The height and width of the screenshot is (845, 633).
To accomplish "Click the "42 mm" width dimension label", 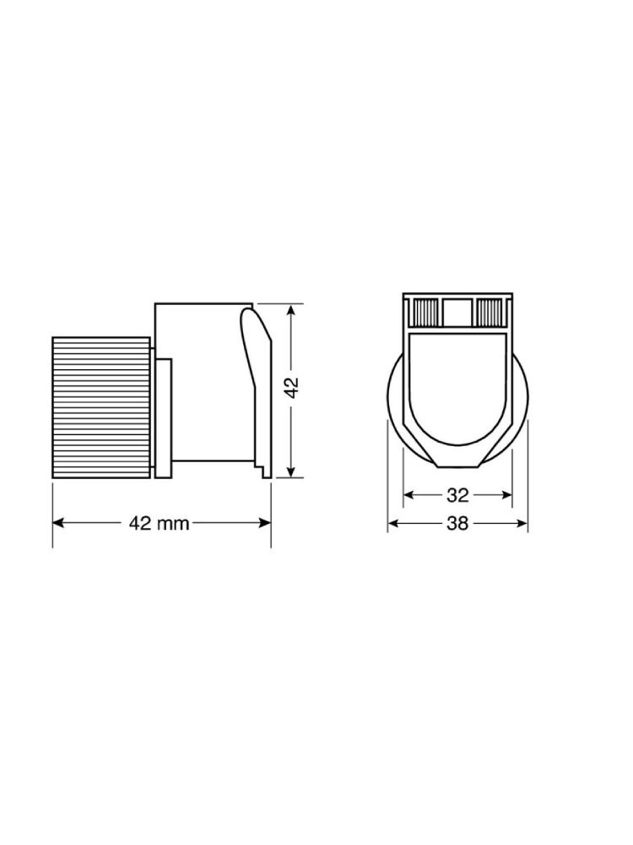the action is coord(160,523).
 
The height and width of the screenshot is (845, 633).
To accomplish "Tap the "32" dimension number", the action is coord(457,494).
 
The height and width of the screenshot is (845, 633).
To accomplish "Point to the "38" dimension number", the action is coord(457,523).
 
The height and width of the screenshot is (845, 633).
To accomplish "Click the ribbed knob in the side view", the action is coord(101,407).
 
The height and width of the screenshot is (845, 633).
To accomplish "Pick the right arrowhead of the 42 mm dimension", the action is coord(264,523).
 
